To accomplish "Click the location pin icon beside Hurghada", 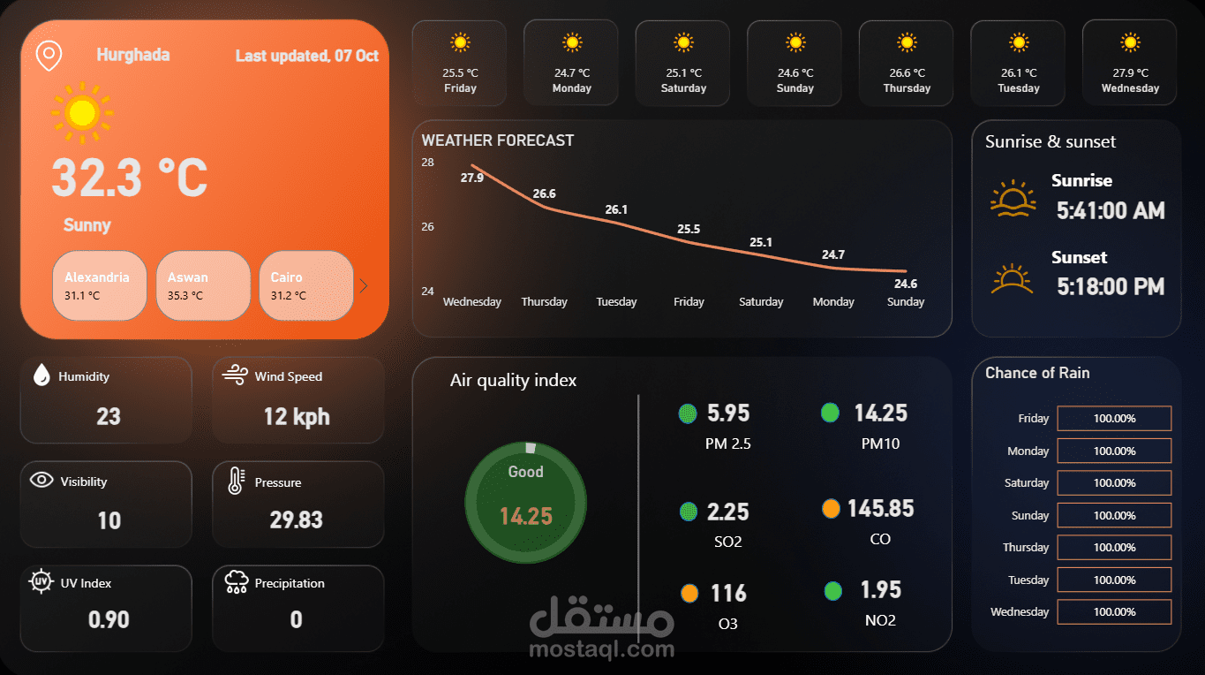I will (x=49, y=56).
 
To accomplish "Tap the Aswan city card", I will (x=203, y=285).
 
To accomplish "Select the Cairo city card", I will (x=306, y=285).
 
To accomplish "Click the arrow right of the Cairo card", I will (x=364, y=285).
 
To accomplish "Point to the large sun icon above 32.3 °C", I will (x=82, y=112).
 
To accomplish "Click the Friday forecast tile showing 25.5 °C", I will (x=460, y=64).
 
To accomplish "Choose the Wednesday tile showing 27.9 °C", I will (x=1130, y=64).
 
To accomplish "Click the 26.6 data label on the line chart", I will (x=544, y=193).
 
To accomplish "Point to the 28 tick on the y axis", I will (x=427, y=163).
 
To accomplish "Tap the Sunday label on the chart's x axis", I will (x=906, y=302).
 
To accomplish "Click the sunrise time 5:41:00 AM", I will (x=1111, y=210).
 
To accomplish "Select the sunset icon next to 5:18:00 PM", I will (x=1012, y=279).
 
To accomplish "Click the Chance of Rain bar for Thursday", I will (x=1114, y=548).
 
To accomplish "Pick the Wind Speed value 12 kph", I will (x=297, y=416).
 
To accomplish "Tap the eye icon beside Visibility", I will (x=41, y=480).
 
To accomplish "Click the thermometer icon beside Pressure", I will (x=236, y=481).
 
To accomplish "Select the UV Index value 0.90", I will (x=109, y=619).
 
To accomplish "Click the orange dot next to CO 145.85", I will (x=831, y=509).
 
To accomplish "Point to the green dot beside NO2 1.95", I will (x=832, y=590).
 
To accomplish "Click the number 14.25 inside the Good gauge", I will (x=525, y=516).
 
